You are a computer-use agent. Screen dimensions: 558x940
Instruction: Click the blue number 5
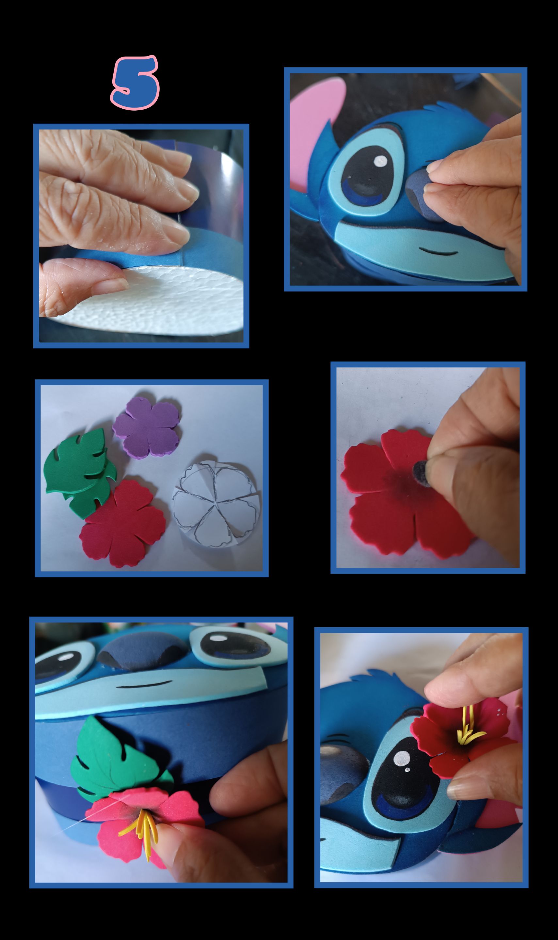[x=135, y=83]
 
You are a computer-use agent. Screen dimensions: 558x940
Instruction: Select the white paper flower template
[x=216, y=504]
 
